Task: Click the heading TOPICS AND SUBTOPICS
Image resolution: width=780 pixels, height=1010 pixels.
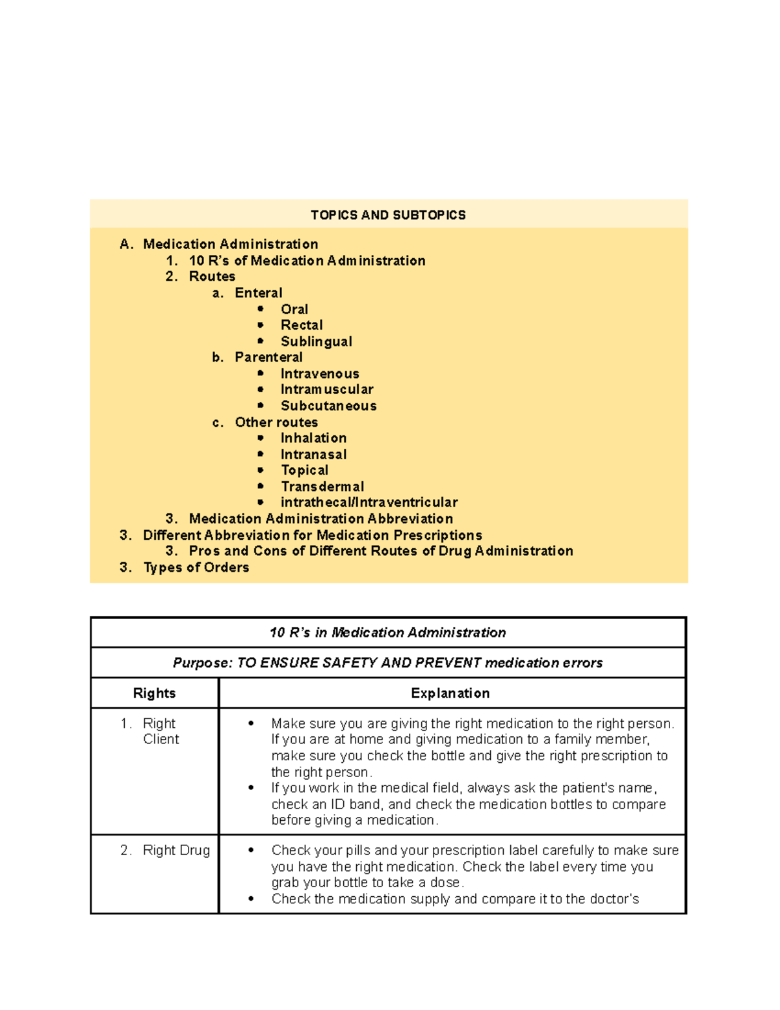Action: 388,215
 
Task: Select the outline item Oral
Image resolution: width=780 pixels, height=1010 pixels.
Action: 294,310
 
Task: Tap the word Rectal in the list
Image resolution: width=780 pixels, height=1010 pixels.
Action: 302,325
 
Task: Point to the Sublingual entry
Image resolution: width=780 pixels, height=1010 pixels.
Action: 316,341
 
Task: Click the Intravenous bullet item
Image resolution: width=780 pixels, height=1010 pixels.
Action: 320,374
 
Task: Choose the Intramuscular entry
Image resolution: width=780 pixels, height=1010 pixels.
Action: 327,390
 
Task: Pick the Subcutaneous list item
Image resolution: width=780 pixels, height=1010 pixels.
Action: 328,406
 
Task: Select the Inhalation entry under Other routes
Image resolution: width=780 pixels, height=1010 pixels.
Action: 313,438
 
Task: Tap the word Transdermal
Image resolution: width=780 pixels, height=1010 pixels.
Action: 322,486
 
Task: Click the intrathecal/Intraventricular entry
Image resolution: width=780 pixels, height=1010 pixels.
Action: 369,503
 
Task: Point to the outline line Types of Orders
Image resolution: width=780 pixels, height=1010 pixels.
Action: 196,568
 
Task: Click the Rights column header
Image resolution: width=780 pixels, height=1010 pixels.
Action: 154,693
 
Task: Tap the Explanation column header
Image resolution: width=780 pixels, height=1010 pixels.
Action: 450,693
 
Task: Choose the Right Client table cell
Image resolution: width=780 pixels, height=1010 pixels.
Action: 160,732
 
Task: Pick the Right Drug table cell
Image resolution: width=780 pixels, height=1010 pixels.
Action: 176,851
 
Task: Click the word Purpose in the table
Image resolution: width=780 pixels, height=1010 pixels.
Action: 201,663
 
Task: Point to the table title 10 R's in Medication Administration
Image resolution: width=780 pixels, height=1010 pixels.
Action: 388,633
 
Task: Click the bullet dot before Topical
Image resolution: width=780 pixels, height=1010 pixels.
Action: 261,470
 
